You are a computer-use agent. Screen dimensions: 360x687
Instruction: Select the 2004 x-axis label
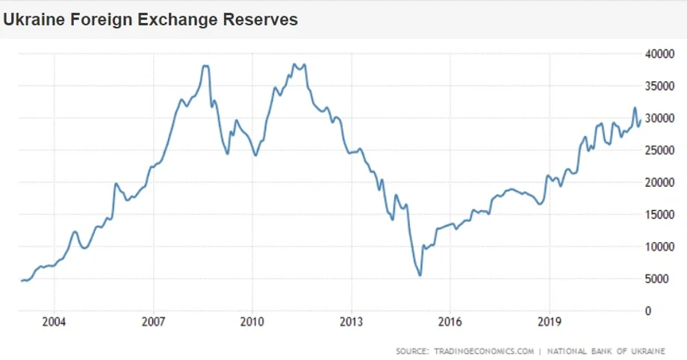tap(54, 323)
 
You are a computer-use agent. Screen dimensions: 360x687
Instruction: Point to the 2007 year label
tap(153, 323)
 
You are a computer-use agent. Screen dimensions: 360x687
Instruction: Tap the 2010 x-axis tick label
tap(252, 323)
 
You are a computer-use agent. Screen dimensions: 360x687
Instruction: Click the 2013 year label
tap(351, 323)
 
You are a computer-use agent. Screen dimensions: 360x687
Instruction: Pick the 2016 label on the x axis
tap(450, 323)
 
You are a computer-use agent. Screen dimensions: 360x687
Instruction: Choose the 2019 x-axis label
tap(550, 323)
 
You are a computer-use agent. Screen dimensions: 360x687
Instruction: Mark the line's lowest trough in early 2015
tap(420, 276)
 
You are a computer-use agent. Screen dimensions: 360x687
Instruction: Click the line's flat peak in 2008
tap(205, 66)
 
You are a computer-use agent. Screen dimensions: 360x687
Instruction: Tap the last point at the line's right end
tap(641, 120)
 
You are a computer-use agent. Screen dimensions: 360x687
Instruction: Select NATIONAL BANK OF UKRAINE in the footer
tap(606, 350)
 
